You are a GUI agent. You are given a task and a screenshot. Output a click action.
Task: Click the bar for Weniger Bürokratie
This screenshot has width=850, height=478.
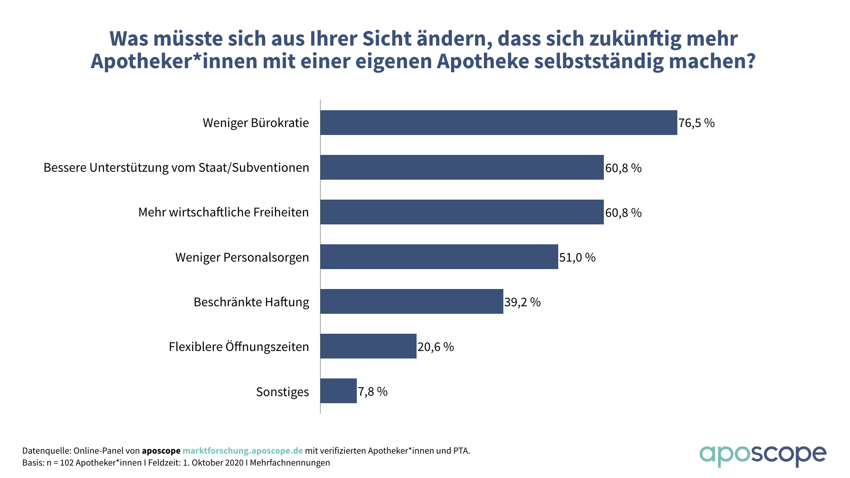(498, 123)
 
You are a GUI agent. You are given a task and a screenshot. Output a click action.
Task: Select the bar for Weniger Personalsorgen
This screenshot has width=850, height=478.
(439, 257)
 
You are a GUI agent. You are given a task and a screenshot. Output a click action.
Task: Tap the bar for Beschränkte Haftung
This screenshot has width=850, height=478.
(412, 301)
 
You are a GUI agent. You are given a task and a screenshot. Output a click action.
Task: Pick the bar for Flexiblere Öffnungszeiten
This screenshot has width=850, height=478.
(368, 346)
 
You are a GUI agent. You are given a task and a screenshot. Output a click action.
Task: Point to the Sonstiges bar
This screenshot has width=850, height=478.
(338, 391)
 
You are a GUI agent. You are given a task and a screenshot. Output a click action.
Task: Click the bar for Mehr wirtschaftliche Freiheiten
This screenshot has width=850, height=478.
(462, 212)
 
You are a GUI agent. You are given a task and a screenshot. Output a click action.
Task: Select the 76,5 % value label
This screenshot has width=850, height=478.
(696, 123)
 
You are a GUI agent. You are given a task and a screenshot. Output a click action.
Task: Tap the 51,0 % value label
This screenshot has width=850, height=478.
(577, 257)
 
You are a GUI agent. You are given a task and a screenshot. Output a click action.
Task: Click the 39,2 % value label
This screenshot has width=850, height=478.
(522, 302)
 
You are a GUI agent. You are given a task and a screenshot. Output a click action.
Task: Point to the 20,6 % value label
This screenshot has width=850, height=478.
(436, 347)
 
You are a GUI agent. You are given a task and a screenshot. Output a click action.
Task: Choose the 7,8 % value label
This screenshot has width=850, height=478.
(373, 391)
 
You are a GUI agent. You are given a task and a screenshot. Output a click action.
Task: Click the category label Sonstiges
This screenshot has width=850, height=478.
(282, 392)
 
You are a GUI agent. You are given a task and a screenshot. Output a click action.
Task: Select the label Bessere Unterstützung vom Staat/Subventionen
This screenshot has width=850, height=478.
(176, 168)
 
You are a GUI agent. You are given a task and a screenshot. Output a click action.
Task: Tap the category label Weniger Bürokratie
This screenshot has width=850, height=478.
(256, 123)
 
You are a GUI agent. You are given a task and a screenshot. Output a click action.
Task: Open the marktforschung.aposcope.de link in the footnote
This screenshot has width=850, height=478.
(243, 451)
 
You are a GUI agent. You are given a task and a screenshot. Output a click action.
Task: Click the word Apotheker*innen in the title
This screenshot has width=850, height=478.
(174, 61)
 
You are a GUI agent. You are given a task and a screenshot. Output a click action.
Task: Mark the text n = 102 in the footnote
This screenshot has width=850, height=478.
(60, 463)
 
